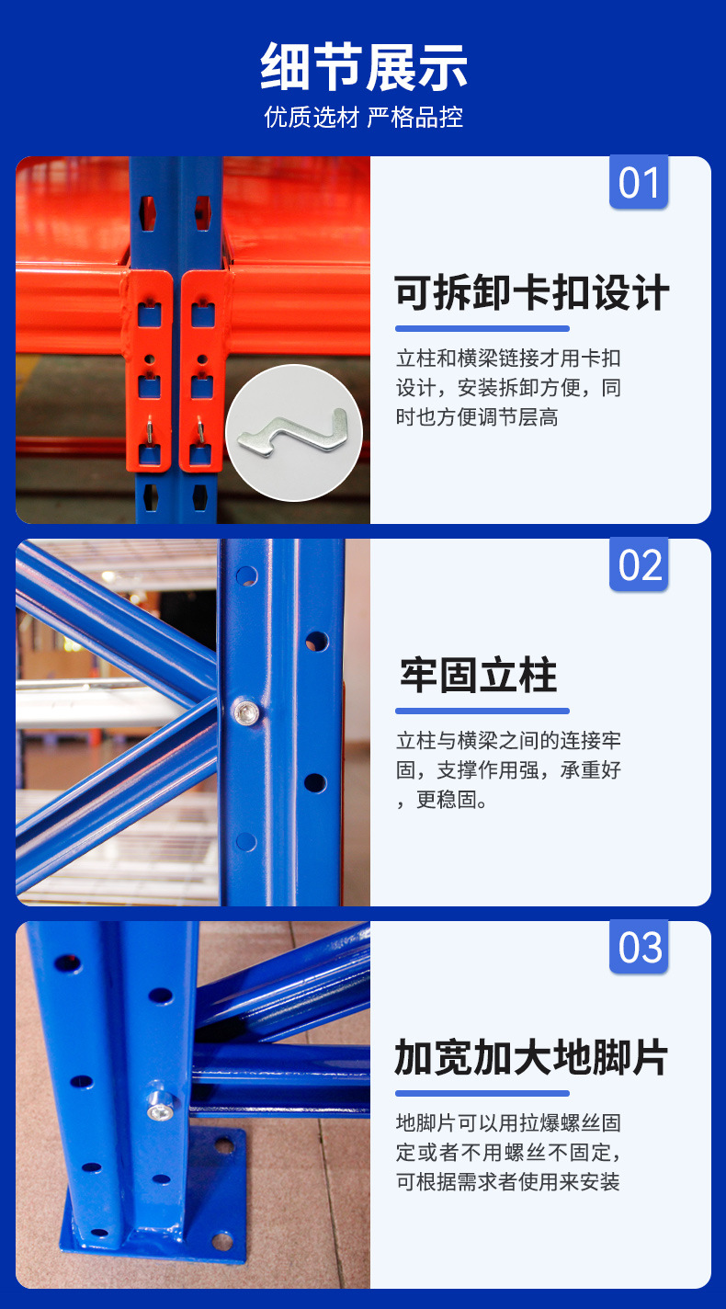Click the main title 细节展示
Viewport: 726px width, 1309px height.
[363, 67]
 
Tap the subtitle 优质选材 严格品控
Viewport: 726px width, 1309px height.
[363, 118]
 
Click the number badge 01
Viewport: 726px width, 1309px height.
[639, 182]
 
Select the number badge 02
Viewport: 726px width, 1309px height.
[639, 565]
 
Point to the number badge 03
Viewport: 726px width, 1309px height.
[639, 947]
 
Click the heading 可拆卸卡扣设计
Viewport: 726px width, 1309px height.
[531, 292]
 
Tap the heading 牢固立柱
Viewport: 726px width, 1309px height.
[479, 675]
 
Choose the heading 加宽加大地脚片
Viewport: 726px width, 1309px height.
[531, 1057]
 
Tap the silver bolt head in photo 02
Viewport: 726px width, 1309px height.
[245, 711]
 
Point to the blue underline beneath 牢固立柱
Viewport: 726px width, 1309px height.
[482, 711]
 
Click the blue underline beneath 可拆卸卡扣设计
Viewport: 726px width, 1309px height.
[482, 328]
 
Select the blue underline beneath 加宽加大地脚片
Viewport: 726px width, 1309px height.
[482, 1093]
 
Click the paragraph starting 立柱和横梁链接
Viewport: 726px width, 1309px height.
[508, 387]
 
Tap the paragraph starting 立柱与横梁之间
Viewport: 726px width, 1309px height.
[508, 770]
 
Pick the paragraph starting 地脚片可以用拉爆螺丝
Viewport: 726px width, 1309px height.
[508, 1153]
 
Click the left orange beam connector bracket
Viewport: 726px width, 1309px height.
[150, 370]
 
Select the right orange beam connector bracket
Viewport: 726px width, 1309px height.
[202, 370]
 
